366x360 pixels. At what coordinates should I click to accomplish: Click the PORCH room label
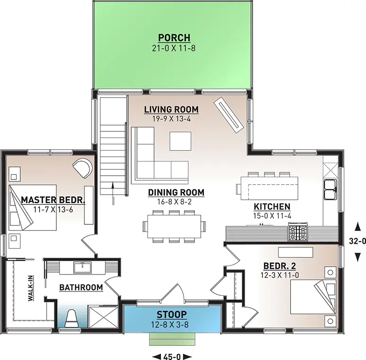174,38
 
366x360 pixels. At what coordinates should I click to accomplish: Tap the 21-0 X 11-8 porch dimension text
174,48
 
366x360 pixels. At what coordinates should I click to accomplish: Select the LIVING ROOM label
171,110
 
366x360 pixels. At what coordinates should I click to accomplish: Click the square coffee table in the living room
181,141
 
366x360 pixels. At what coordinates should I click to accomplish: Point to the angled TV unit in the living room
230,114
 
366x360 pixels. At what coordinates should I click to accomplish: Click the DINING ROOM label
176,192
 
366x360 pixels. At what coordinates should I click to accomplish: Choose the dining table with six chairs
174,226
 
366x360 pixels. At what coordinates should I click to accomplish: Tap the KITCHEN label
272,206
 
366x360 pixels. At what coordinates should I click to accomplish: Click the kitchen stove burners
298,233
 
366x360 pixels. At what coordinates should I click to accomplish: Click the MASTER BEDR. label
52,200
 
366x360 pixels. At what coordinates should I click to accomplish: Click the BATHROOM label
81,287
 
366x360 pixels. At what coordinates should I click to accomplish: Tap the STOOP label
172,314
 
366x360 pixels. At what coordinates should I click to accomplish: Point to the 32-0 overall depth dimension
357,241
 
